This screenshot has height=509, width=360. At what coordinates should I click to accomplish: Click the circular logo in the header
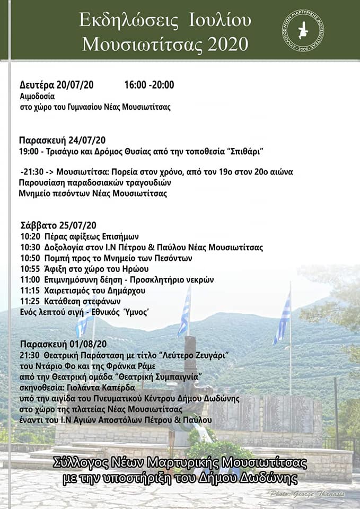[303, 30]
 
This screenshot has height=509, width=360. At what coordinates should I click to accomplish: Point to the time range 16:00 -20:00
[149, 85]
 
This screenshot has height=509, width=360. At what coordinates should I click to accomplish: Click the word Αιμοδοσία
[37, 96]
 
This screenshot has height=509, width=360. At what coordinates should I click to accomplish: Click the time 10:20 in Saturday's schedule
[30, 236]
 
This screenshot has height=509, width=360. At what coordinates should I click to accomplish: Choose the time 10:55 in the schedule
[30, 269]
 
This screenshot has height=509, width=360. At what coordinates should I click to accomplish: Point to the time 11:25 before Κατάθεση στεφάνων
[30, 301]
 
